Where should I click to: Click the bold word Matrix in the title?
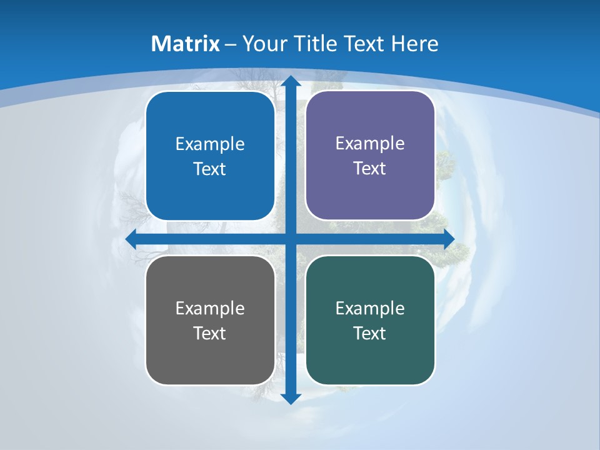pyautogui.click(x=186, y=44)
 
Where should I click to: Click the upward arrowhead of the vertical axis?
pyautogui.click(x=290, y=82)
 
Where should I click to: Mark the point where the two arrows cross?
pyautogui.click(x=290, y=239)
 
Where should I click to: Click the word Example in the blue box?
pyautogui.click(x=210, y=144)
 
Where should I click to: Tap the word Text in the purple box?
pyautogui.click(x=370, y=169)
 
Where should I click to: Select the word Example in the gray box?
pyautogui.click(x=210, y=309)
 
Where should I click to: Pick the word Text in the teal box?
pyautogui.click(x=370, y=333)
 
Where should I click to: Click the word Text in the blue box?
pyautogui.click(x=210, y=169)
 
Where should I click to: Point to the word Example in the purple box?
pyautogui.click(x=370, y=144)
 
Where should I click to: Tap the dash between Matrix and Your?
pyautogui.click(x=231, y=44)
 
